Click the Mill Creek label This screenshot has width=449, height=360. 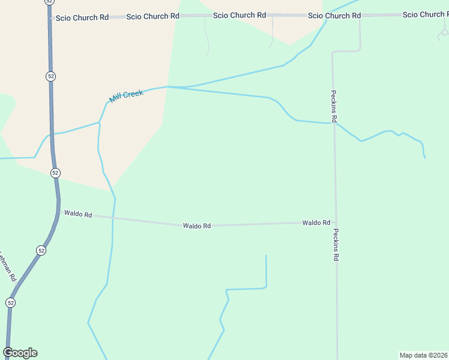coord(126,96)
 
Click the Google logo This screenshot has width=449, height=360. coord(20,353)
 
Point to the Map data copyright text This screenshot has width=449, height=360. coord(423,355)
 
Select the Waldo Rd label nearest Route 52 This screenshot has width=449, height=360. coord(78,214)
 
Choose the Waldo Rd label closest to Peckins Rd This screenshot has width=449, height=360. coord(316,223)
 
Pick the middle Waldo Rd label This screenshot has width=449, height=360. coord(197,226)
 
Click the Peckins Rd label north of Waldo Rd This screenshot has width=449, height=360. coord(334,106)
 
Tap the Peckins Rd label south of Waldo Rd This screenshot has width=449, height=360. coord(336,245)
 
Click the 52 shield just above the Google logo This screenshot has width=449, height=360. coord(10,303)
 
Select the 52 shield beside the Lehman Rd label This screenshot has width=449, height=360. coord(41,250)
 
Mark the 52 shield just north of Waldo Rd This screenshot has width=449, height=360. coord(55,173)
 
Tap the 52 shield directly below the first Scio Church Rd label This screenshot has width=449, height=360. coord(50,76)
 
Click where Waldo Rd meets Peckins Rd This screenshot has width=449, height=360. coord(336,222)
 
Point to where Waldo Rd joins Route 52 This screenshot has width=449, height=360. coord(59,211)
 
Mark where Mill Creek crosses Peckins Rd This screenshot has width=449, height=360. coord(334,123)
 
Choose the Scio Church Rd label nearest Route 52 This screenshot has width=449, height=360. coord(82,18)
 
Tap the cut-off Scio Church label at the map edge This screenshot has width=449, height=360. coord(425,14)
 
